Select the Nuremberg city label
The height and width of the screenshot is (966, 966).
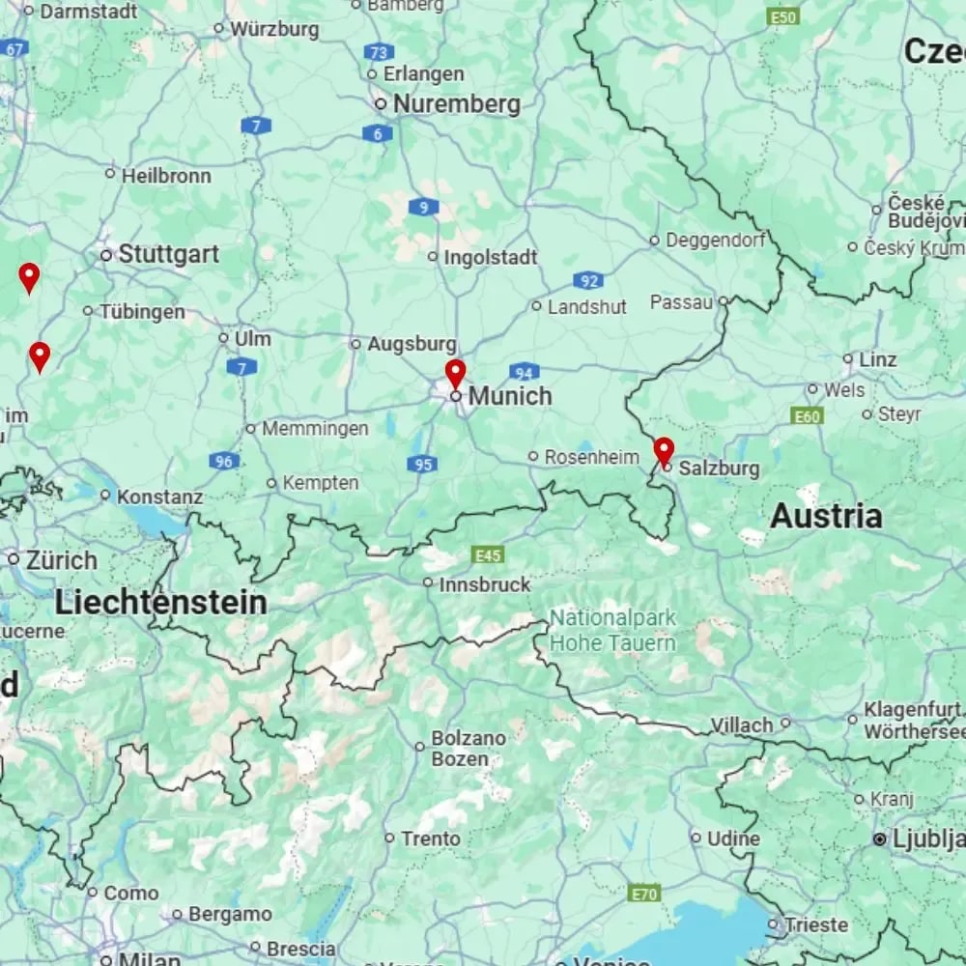point(457,104)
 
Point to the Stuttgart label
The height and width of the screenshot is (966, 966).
point(168,255)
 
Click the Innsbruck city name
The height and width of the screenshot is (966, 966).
point(485,584)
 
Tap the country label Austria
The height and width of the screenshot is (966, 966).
point(826,517)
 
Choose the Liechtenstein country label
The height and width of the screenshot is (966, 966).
point(160,603)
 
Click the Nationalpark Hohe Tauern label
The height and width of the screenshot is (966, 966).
point(612,631)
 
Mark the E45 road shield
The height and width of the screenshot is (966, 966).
point(488,554)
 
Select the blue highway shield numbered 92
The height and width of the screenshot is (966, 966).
point(587,281)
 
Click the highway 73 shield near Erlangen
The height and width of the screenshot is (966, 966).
point(381,52)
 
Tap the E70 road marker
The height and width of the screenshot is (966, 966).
point(644,894)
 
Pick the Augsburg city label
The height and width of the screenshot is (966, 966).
point(412,344)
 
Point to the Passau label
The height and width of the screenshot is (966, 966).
point(681,302)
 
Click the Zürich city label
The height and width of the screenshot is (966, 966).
point(62,560)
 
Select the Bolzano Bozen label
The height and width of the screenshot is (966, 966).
point(469,748)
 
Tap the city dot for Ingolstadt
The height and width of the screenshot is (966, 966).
point(433,257)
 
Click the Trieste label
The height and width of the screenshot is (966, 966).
point(815,924)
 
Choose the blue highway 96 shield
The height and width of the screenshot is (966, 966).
point(224,462)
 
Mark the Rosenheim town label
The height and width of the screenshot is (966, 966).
point(592,457)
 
